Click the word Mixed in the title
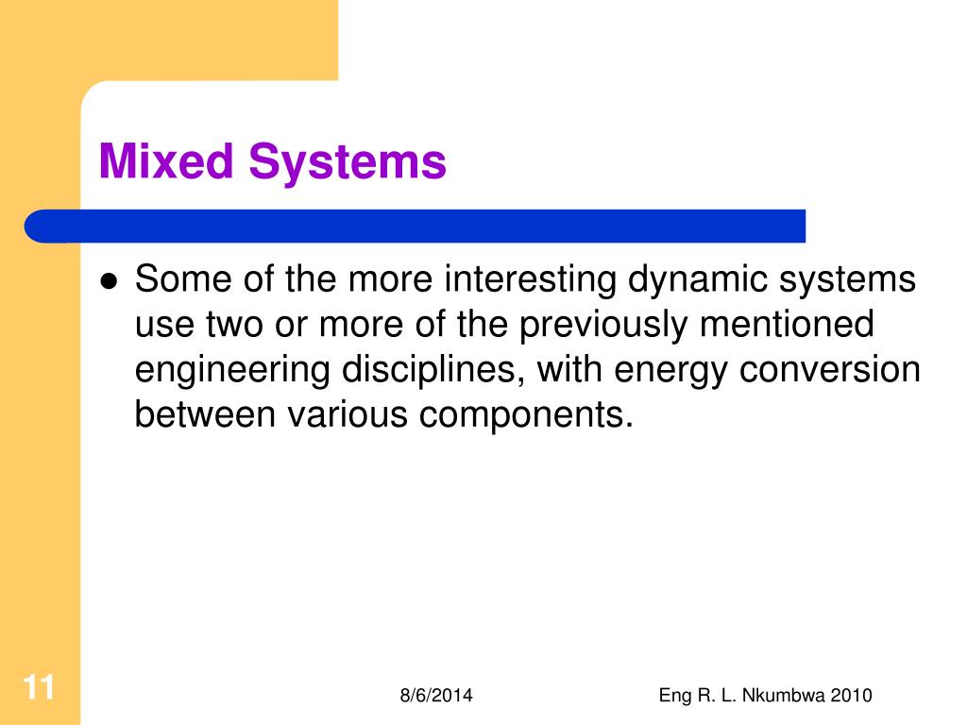(167, 161)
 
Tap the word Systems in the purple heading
(348, 161)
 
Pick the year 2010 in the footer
(852, 696)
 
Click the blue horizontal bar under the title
(416, 226)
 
